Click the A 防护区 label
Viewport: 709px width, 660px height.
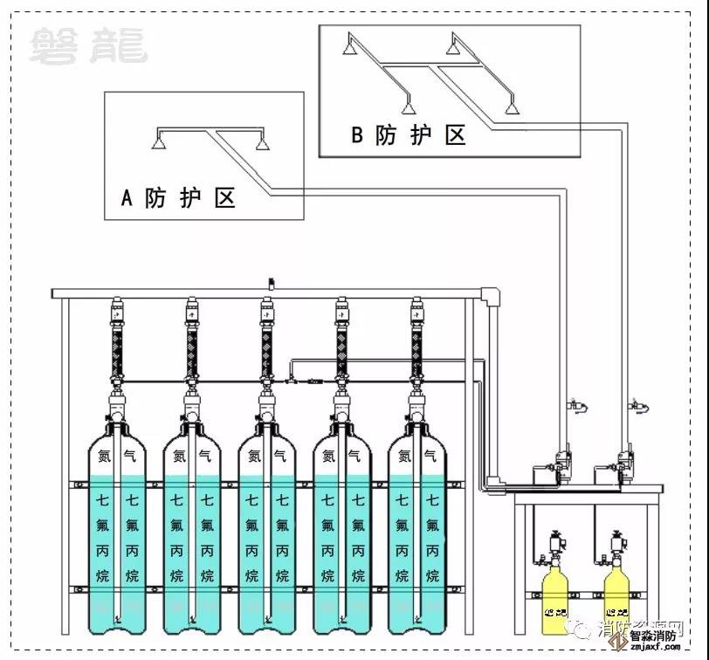(178, 198)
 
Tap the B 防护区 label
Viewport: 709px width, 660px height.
(408, 135)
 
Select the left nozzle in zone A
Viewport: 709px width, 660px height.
(158, 142)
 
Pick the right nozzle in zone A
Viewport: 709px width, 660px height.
(259, 143)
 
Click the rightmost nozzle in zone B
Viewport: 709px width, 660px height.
(512, 108)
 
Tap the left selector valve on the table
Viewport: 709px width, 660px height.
(561, 462)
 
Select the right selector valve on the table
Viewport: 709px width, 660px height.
(623, 462)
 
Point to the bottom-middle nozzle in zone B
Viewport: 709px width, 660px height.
(406, 108)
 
